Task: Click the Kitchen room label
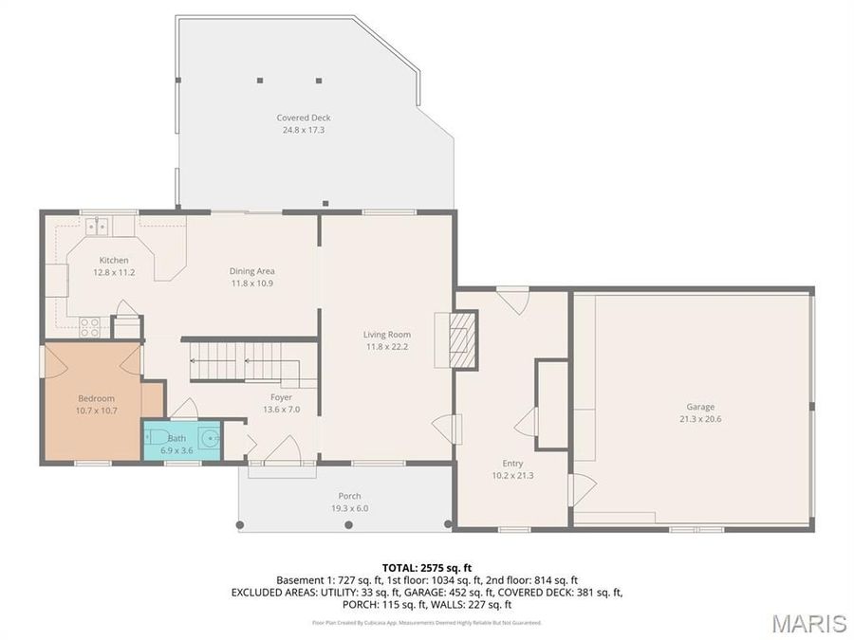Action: pyautogui.click(x=114, y=260)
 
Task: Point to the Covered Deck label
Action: pyautogui.click(x=303, y=118)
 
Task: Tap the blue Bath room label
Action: pyautogui.click(x=177, y=438)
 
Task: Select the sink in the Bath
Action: pyautogui.click(x=208, y=439)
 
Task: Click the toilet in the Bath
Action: pyautogui.click(x=154, y=438)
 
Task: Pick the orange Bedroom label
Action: pyautogui.click(x=96, y=398)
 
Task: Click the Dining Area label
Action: pyautogui.click(x=251, y=271)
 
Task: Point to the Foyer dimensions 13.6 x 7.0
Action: pyautogui.click(x=280, y=410)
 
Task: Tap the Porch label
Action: pyautogui.click(x=349, y=496)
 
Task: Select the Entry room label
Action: pyautogui.click(x=512, y=464)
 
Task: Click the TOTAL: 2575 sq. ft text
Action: pyautogui.click(x=426, y=567)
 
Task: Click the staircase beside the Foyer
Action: pyautogui.click(x=245, y=361)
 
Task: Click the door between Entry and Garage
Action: pyautogui.click(x=578, y=488)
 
